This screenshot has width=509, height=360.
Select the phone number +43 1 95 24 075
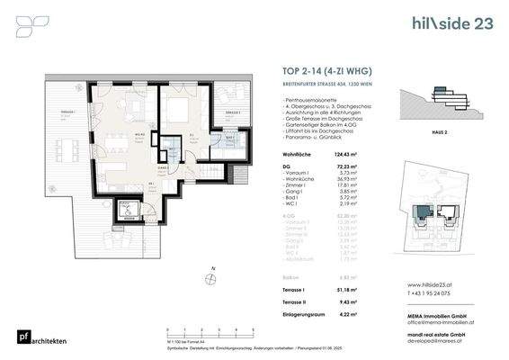(431, 292)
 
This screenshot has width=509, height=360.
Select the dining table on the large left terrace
(67, 143)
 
